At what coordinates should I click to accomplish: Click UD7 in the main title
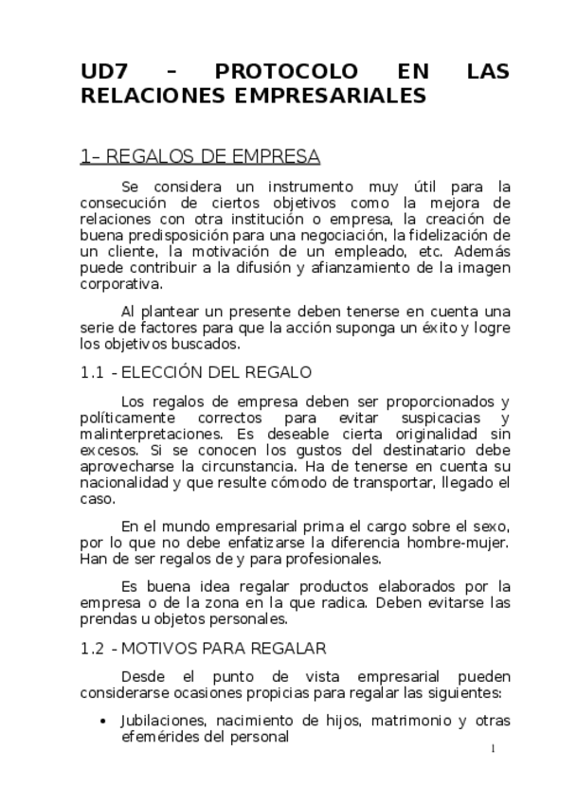tap(102, 72)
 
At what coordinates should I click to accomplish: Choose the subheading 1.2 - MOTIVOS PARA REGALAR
tap(204, 649)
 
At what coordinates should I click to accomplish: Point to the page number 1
tap(494, 750)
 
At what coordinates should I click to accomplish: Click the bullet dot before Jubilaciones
tap(103, 722)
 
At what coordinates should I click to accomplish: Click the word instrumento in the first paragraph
tap(298, 187)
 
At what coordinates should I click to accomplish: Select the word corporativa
tap(119, 284)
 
